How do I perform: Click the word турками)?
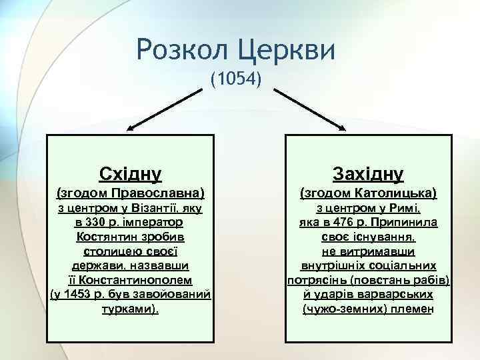coord(130,309)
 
